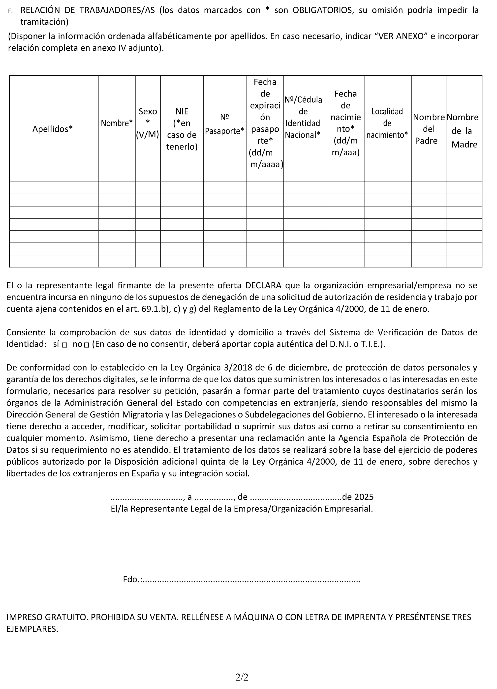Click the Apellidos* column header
[53, 129]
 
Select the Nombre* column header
[117, 123]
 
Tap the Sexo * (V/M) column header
[148, 123]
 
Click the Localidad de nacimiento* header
[387, 123]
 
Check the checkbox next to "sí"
[64, 345]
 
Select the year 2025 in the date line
[364, 497]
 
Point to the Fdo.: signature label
[133, 579]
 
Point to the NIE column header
[182, 111]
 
